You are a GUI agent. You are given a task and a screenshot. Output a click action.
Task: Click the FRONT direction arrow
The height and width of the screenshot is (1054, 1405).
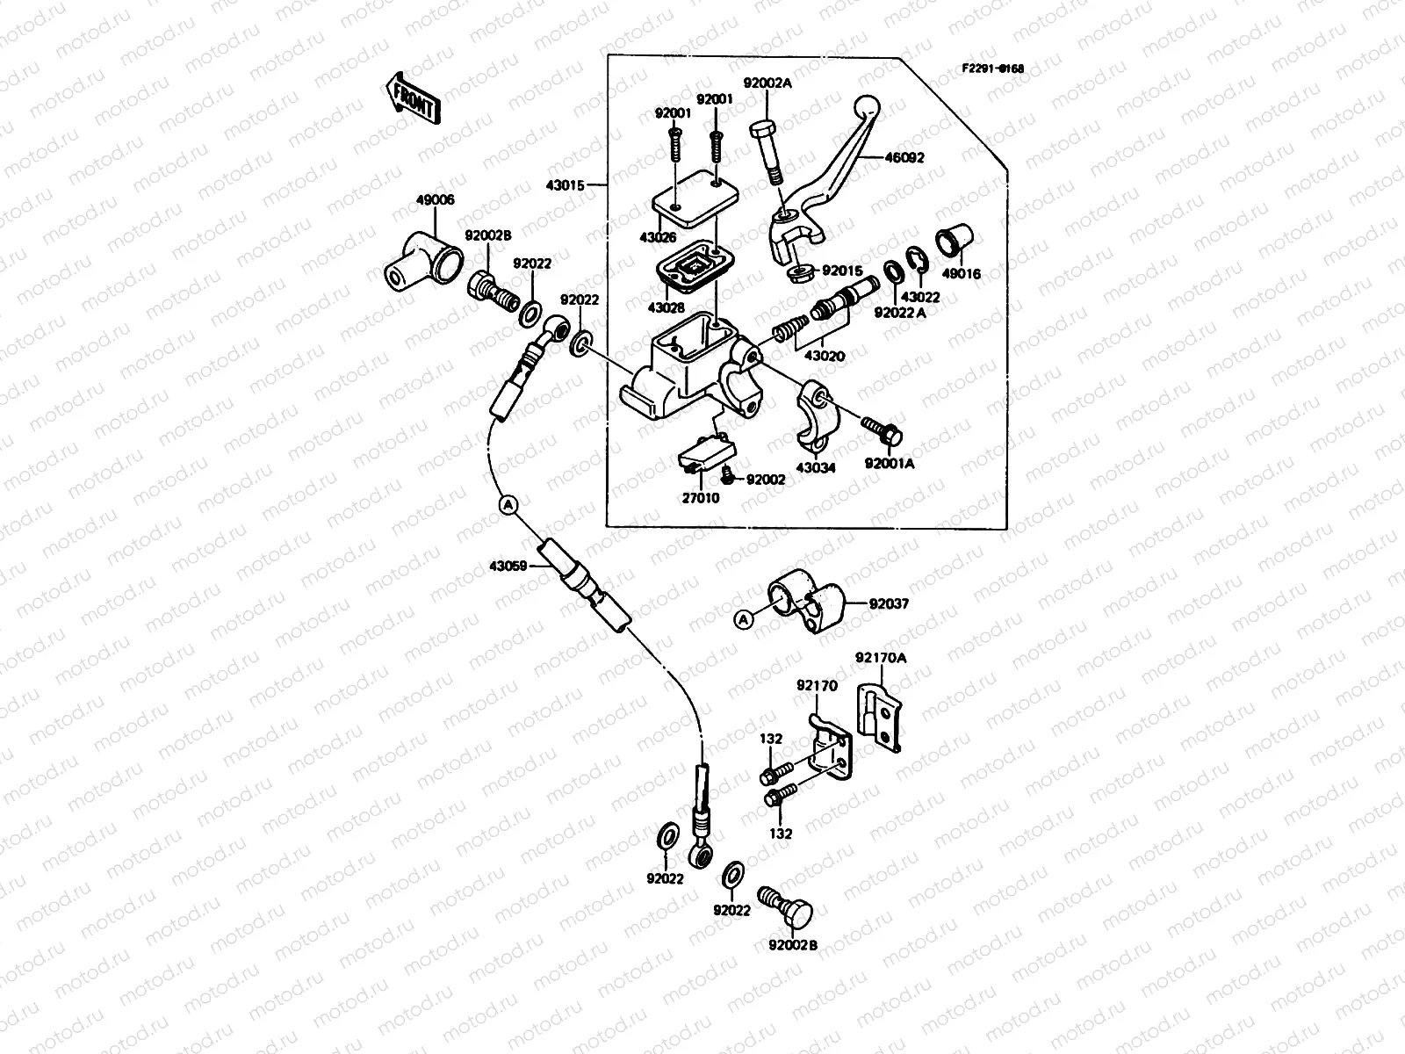coord(412,97)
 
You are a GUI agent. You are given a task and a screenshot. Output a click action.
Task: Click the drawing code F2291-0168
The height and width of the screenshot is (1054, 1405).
coord(991,68)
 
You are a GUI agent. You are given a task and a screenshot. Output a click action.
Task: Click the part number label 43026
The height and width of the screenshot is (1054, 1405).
coord(657,239)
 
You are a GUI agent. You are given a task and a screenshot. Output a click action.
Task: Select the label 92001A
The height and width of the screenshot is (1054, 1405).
coord(889,463)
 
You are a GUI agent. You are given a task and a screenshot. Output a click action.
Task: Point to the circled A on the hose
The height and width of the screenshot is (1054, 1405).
coord(508,504)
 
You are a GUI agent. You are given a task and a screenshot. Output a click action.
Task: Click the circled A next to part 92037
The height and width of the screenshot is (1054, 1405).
coord(743,620)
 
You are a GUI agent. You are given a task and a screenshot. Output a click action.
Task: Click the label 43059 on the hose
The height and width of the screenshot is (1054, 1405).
coord(508,567)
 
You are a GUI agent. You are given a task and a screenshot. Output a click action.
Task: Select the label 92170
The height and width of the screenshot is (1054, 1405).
coord(817,684)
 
